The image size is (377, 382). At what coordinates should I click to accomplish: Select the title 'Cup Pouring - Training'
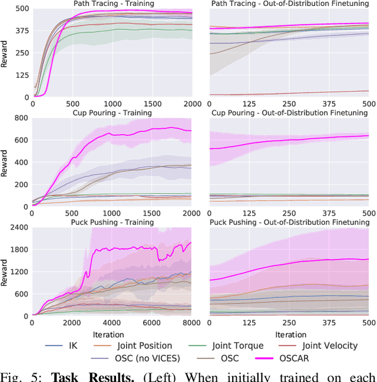(112, 112)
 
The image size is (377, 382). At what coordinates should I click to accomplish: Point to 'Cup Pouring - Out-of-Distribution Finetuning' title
(289, 112)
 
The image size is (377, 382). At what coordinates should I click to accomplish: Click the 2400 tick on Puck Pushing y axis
(18, 228)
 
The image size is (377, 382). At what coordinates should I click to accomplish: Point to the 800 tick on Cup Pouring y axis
(21, 118)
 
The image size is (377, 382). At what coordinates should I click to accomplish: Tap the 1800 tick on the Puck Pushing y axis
(18, 250)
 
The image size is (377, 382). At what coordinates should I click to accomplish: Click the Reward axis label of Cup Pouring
(5, 162)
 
